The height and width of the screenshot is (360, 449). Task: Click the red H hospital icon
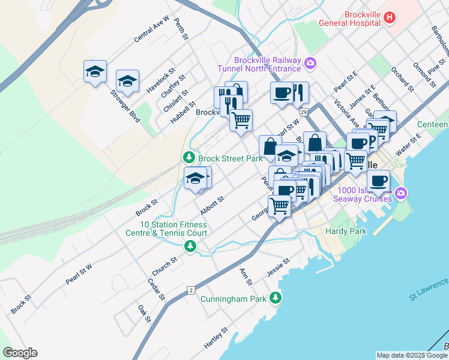389,17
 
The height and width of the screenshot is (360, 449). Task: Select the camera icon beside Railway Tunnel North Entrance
310,62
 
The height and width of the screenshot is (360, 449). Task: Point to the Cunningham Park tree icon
276,298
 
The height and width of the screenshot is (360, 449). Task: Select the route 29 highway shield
304,112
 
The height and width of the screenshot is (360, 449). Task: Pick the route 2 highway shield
191,290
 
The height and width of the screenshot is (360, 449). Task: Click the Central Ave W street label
152,29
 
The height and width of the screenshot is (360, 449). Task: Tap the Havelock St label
160,81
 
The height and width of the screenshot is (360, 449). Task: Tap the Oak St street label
144,313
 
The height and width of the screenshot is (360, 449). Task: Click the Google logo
20,353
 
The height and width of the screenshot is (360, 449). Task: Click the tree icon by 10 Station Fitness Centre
190,246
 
